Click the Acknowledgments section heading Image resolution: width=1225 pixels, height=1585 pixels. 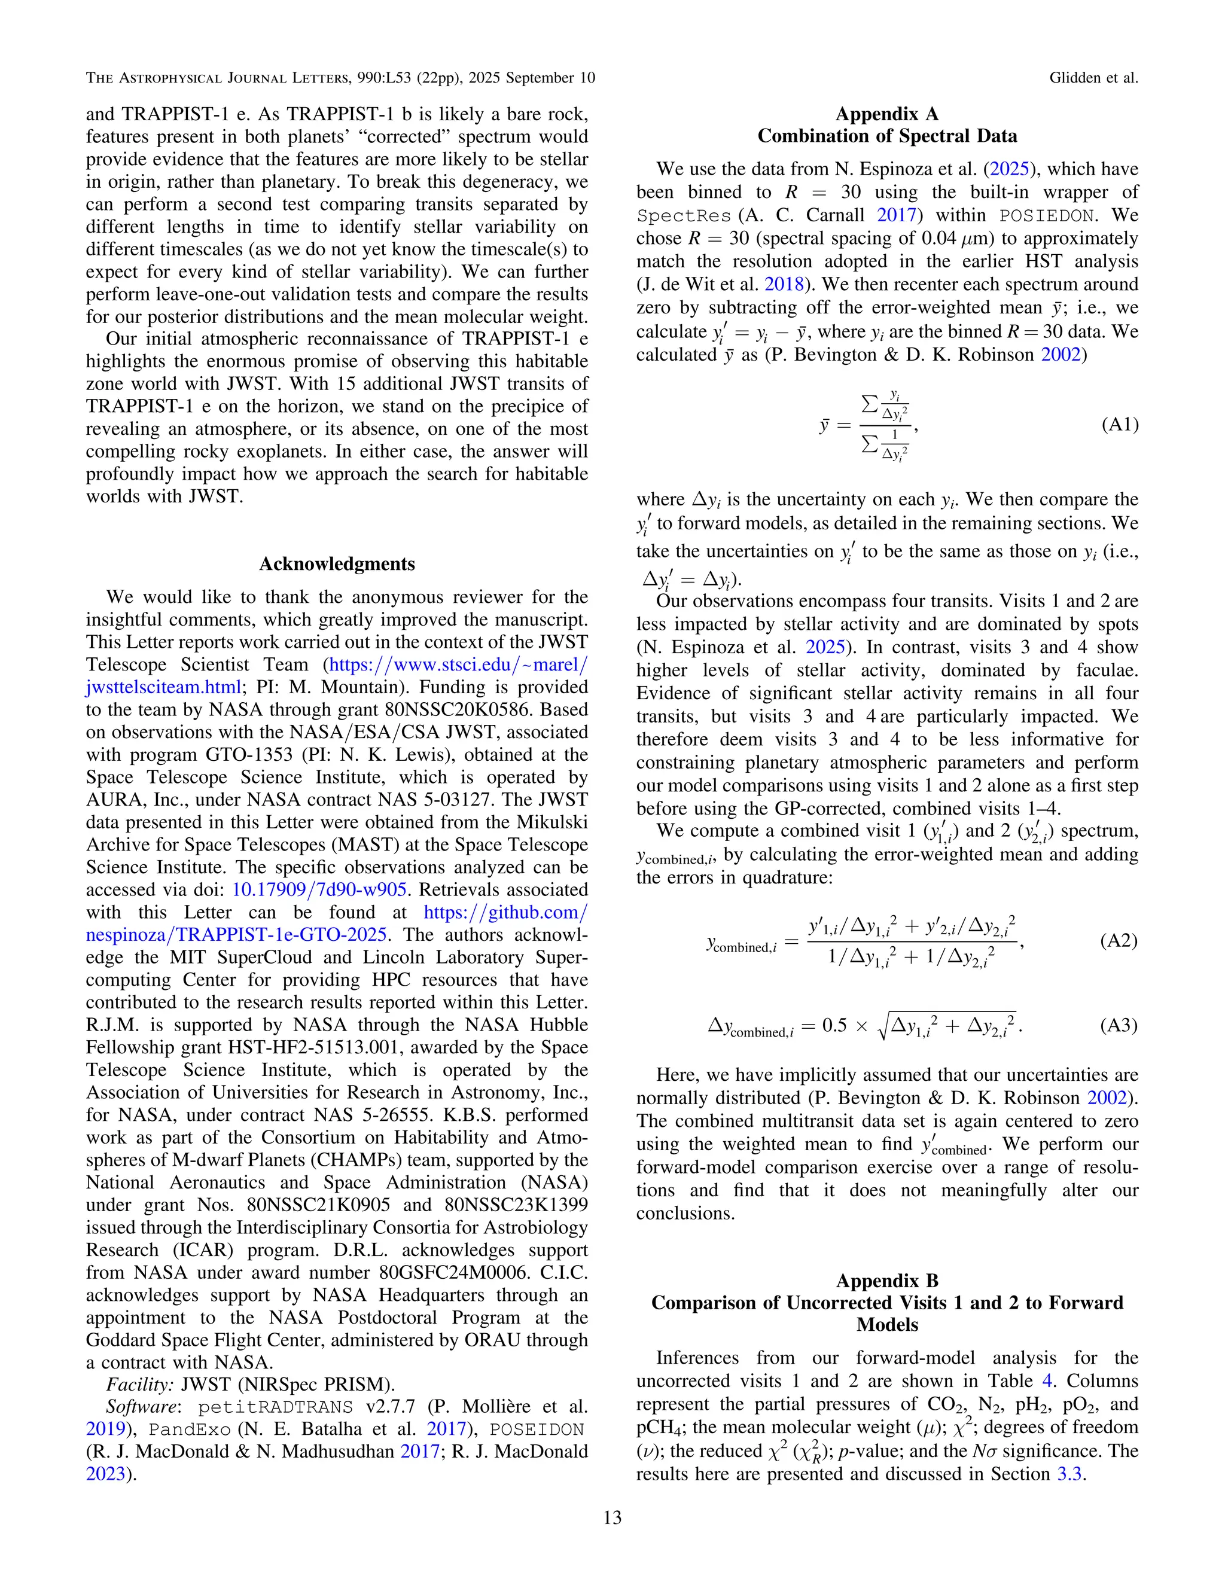[x=337, y=564]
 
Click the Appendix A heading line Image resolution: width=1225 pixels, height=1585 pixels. [x=887, y=114]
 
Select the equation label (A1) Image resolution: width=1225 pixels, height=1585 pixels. [x=1120, y=425]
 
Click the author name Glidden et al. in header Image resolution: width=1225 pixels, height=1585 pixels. [x=1093, y=78]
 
